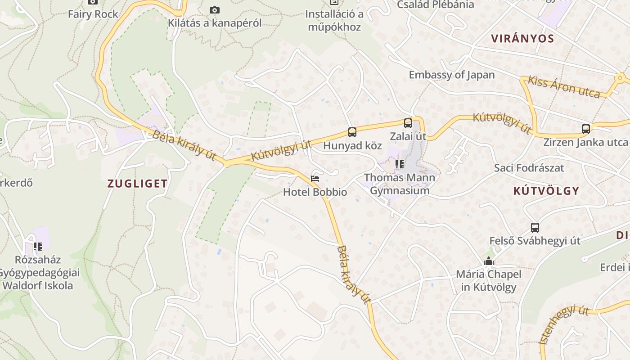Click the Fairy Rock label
click(93, 14)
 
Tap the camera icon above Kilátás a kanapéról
click(215, 10)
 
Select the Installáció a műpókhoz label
click(334, 20)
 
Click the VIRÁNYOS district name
click(522, 38)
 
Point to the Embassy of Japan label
click(451, 75)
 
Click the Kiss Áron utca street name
click(564, 87)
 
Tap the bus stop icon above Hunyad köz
click(352, 132)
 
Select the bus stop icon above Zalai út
click(408, 123)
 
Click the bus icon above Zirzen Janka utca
click(585, 129)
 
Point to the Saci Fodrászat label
click(529, 168)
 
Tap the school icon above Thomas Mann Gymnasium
click(399, 164)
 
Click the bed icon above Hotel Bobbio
click(315, 179)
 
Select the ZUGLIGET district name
click(137, 184)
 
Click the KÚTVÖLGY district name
click(546, 191)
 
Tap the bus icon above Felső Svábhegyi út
click(535, 228)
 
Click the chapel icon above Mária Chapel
click(489, 261)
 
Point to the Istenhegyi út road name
click(564, 324)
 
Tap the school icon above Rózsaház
click(38, 247)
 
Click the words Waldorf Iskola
click(38, 285)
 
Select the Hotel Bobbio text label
click(315, 192)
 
